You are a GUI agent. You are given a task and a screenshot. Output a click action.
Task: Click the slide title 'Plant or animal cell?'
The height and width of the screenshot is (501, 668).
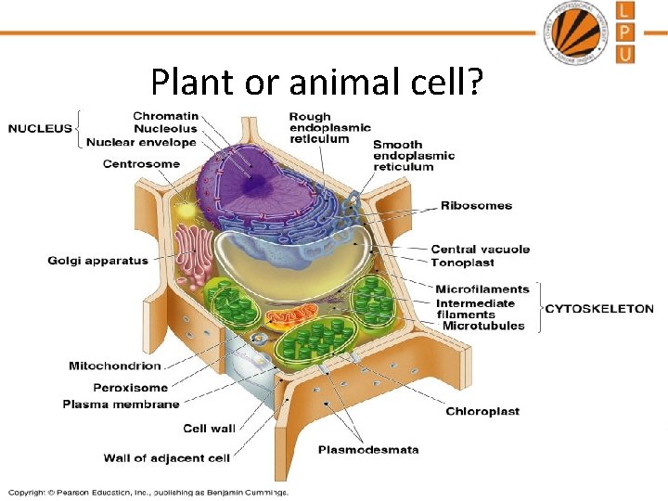(316, 83)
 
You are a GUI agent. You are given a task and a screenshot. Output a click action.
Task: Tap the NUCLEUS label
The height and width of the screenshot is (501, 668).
(40, 128)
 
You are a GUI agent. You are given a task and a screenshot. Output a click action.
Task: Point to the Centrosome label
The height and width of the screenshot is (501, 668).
(141, 164)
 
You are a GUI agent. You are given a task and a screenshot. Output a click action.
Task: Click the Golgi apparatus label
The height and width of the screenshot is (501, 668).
(97, 261)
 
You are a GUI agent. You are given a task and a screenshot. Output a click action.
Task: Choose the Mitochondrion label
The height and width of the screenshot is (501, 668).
(115, 366)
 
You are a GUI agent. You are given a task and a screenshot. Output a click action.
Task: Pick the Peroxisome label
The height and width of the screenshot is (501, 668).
(131, 387)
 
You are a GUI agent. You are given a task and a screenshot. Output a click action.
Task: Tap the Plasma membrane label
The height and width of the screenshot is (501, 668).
(121, 405)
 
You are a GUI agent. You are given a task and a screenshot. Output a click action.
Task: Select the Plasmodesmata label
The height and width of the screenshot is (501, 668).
(368, 450)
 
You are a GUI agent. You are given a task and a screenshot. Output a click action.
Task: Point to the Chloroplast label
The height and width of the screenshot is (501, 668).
(482, 411)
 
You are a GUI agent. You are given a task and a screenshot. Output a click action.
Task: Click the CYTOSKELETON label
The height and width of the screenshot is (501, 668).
(598, 309)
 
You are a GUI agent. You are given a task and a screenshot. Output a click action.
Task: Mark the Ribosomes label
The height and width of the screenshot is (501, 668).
(476, 205)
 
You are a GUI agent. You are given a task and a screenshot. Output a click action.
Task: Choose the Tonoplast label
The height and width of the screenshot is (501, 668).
(463, 263)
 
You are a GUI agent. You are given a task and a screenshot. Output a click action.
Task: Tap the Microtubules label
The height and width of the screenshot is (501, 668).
(483, 326)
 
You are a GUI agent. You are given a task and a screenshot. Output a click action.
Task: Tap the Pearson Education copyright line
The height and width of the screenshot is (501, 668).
(148, 493)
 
